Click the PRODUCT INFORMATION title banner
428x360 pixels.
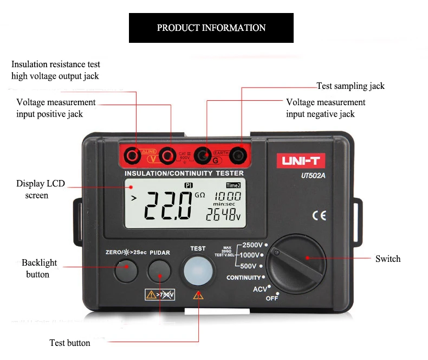coord(211,28)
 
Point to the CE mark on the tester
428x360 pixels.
coord(319,215)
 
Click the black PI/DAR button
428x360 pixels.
coord(160,271)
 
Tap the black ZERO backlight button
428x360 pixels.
coord(126,271)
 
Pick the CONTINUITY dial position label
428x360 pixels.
coord(244,278)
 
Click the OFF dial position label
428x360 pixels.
coord(272,299)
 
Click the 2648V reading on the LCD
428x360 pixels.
coord(223,215)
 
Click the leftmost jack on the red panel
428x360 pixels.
coord(131,156)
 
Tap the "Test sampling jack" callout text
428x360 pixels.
coord(350,86)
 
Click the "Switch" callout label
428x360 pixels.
coord(388,259)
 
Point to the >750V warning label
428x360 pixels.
coord(160,295)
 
